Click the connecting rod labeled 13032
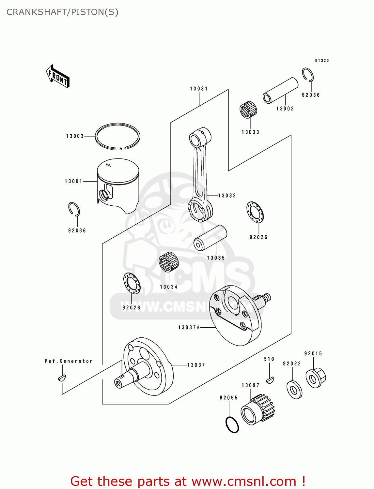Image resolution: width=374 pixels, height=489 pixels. (199, 176)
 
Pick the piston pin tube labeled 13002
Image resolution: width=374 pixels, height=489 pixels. (281, 90)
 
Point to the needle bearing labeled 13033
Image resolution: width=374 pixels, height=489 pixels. (248, 110)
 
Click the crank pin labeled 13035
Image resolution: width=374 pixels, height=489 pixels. (210, 238)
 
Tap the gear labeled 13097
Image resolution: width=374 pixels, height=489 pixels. (258, 410)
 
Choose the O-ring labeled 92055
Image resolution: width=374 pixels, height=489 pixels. (232, 424)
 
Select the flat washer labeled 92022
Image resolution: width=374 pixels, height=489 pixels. (294, 389)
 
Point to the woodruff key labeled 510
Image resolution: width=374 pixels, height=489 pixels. (270, 379)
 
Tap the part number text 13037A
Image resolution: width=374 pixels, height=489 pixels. (189, 327)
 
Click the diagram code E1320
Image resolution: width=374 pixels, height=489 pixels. (322, 61)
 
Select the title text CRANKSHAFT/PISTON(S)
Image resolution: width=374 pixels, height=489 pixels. (62, 12)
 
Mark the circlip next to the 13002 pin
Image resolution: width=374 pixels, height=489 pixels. (307, 75)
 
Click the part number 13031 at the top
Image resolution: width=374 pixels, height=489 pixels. (199, 89)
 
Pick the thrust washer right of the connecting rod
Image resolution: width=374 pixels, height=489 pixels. (255, 213)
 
